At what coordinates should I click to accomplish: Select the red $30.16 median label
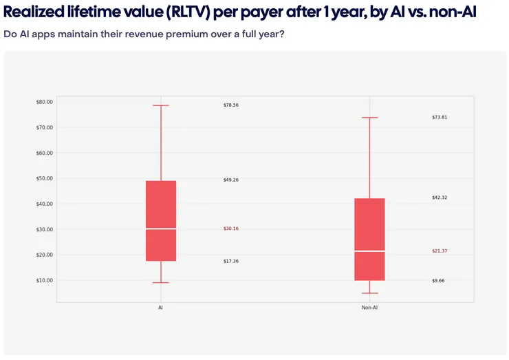tap(231, 229)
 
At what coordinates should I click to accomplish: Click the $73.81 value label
tap(440, 118)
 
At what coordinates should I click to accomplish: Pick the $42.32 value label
tap(440, 198)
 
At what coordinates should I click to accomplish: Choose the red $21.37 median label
tap(440, 251)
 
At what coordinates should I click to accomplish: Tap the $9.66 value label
tap(438, 281)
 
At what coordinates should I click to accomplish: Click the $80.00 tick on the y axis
tap(44, 102)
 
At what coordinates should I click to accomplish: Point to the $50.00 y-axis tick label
tap(44, 178)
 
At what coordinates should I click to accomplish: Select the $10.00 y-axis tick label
tap(44, 280)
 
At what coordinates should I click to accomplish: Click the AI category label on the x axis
tap(160, 308)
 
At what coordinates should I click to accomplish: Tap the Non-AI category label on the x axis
tap(369, 308)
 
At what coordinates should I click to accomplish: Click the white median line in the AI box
tap(160, 229)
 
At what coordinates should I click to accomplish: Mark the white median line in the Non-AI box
tap(369, 251)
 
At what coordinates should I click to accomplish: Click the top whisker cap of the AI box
tap(160, 105)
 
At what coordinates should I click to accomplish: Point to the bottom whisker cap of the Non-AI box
tap(369, 293)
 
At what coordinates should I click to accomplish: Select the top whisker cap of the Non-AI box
tap(369, 118)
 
